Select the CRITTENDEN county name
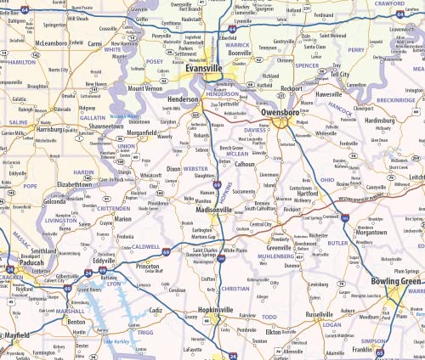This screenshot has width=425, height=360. (x=113, y=207)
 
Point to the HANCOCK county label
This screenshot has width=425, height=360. (x=338, y=109)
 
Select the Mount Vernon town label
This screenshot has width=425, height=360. (x=144, y=88)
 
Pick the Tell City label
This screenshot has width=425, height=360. (x=341, y=74)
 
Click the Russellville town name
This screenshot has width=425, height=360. (x=319, y=313)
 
